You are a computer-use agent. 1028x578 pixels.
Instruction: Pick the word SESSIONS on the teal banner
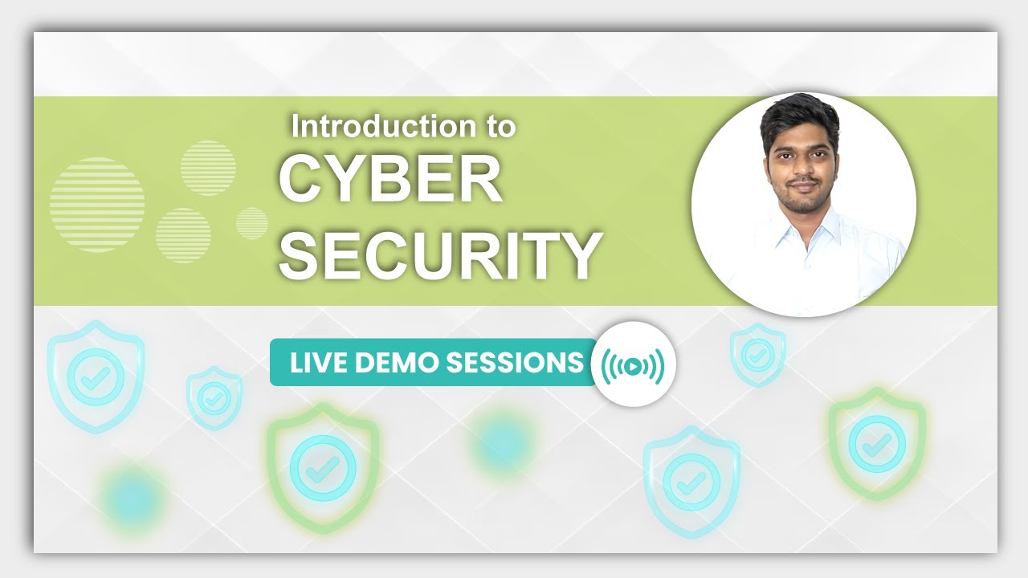[514, 363]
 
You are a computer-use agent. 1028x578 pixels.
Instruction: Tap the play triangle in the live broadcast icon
[633, 366]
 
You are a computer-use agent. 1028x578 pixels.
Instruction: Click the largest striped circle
[97, 205]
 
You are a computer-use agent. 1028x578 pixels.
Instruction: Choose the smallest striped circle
[252, 222]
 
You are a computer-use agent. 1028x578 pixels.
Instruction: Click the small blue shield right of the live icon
[757, 354]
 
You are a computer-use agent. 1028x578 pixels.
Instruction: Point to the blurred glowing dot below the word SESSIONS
[501, 442]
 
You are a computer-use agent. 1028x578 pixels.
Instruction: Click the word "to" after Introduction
[499, 126]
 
